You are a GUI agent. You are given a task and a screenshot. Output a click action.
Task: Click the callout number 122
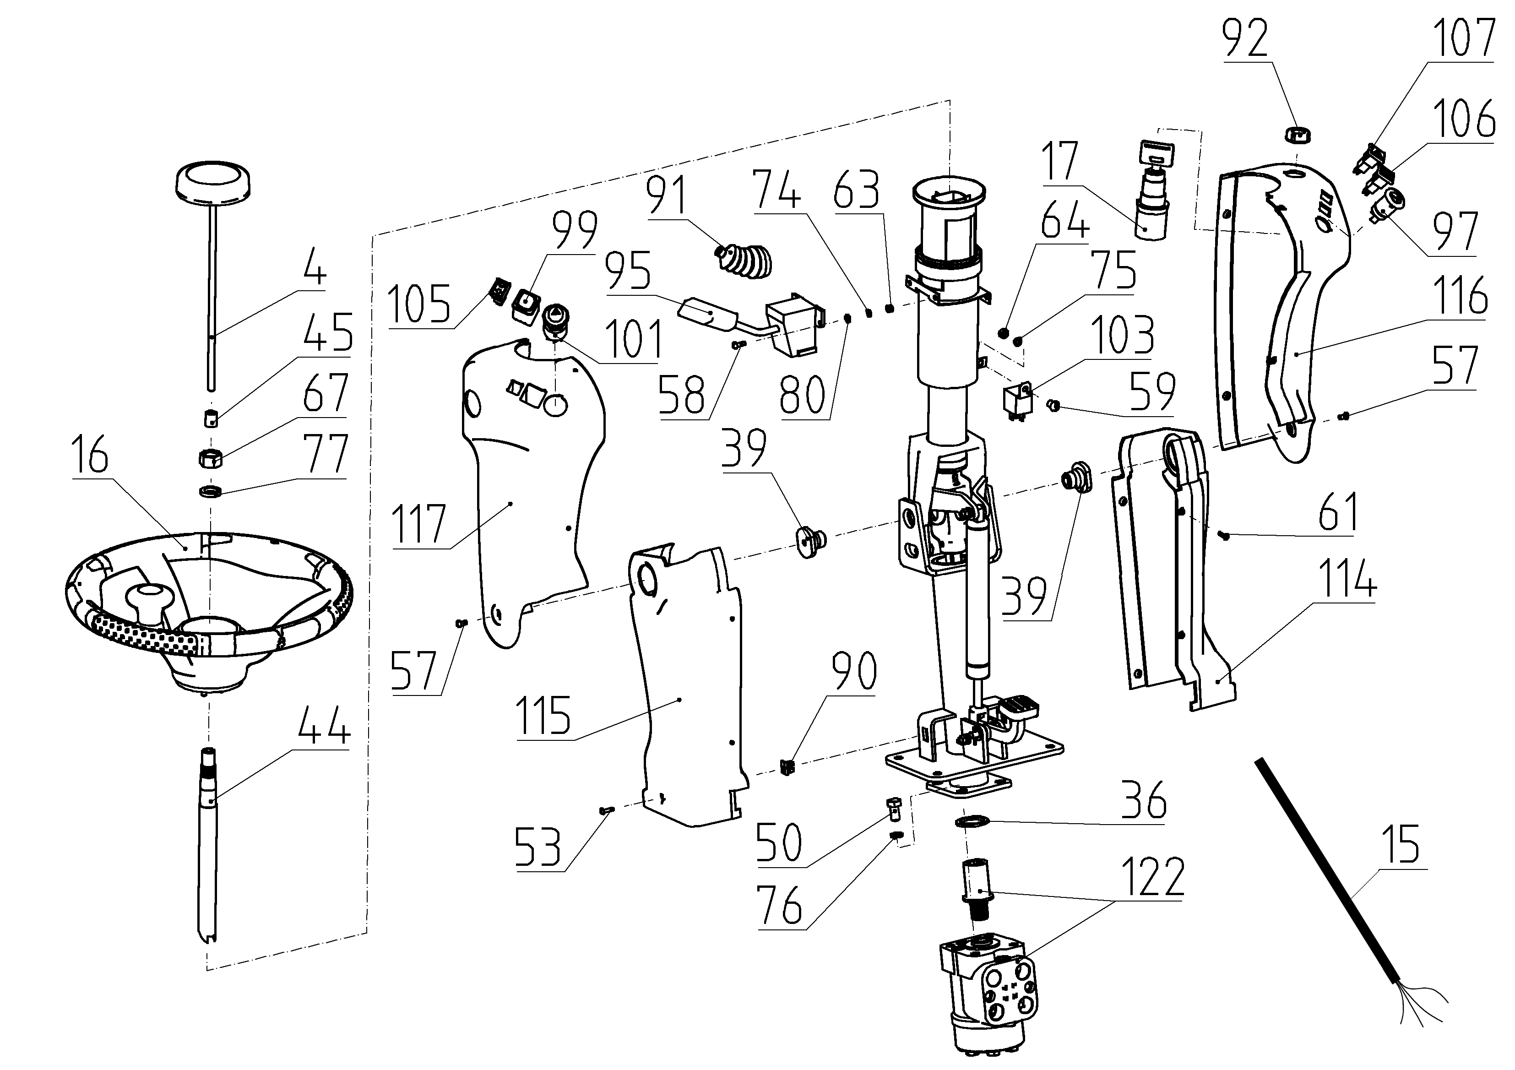1153,877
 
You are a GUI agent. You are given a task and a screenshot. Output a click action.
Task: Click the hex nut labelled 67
209,457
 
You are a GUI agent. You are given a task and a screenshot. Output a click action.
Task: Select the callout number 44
323,724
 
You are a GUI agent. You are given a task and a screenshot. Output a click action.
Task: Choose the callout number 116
1460,295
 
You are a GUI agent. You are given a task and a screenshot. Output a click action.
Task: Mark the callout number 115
543,715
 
